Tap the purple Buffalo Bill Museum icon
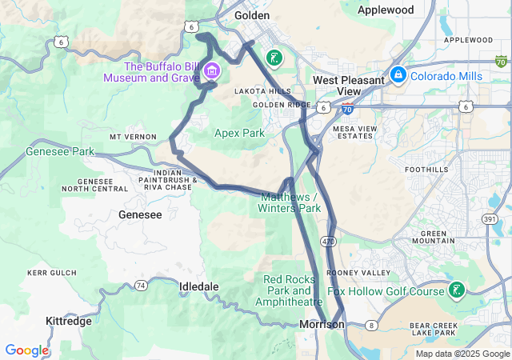click(x=213, y=70)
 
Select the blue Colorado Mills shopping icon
click(x=398, y=76)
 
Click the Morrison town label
click(x=322, y=324)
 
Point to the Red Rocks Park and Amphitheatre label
click(x=289, y=290)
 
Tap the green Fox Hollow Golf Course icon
click(x=456, y=290)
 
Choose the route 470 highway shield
click(x=328, y=240)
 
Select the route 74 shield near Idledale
click(x=141, y=285)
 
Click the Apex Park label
click(x=239, y=133)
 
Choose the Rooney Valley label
click(x=358, y=273)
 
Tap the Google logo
click(x=26, y=350)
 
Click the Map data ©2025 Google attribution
click(x=462, y=353)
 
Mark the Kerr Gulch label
click(x=50, y=273)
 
